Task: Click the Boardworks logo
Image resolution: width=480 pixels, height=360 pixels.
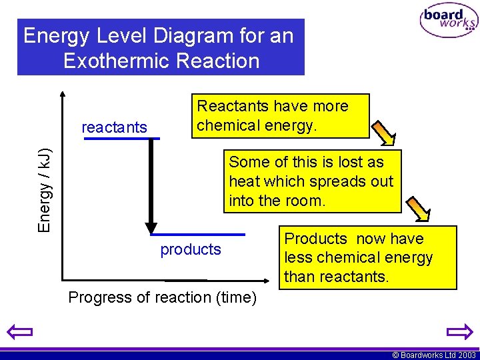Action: tap(449, 21)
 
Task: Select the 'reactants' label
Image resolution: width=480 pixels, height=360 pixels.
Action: tap(114, 127)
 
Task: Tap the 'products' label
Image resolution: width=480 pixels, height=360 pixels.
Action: tap(191, 249)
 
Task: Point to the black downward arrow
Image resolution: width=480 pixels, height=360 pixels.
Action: tap(151, 187)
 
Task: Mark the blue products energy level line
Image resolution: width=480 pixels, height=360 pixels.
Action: tap(198, 235)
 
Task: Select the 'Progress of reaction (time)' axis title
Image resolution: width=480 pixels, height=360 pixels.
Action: tap(163, 297)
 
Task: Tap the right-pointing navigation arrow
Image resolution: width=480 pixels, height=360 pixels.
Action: tap(459, 331)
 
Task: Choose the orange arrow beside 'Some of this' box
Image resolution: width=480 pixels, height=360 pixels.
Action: tap(419, 209)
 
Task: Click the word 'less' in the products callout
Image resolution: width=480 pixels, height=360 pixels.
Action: tap(298, 257)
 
